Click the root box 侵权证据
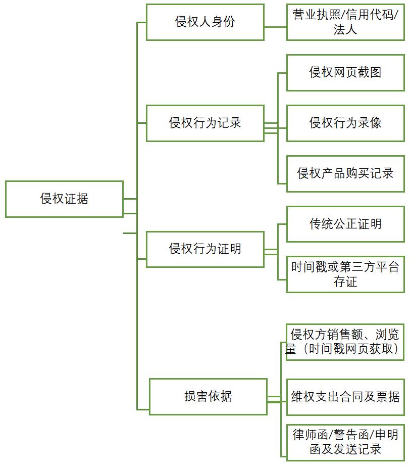(x=64, y=199)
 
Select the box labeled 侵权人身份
(x=205, y=22)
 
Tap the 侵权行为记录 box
(x=205, y=123)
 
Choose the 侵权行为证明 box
(x=205, y=249)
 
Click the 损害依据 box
(x=208, y=396)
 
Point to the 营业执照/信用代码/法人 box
(x=345, y=22)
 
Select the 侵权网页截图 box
(x=345, y=73)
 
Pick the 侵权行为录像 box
(x=345, y=123)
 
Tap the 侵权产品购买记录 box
(x=345, y=173)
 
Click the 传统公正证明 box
(x=345, y=224)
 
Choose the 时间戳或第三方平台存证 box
(x=345, y=274)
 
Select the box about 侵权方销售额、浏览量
(x=345, y=342)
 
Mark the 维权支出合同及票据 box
(x=345, y=396)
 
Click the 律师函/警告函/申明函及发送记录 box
(x=345, y=442)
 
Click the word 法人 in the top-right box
(x=345, y=29)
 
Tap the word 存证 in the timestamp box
(x=345, y=282)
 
